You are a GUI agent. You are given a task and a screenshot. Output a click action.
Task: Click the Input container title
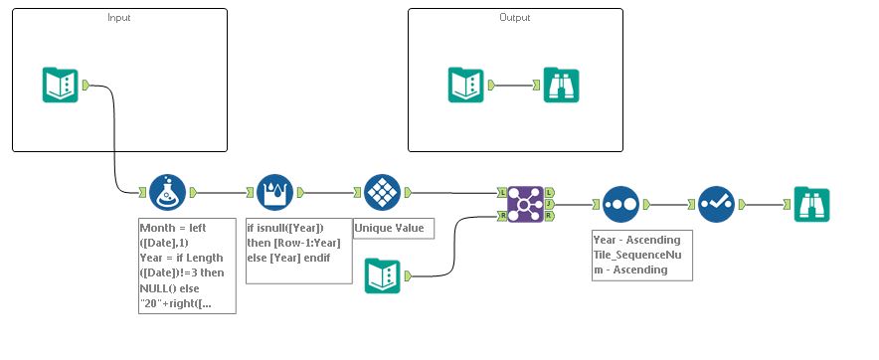pos(118,18)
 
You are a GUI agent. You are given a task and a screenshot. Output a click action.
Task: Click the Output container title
pos(515,18)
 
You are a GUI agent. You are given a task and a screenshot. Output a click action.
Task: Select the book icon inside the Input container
pos(61,85)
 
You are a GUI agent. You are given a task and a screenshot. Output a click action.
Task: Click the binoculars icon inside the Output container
pos(562,85)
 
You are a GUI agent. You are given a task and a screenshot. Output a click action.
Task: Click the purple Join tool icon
pos(525,203)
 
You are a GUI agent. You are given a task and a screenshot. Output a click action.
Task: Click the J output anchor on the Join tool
pos(550,203)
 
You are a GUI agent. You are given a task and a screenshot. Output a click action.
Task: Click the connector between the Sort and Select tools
pos(667,204)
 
